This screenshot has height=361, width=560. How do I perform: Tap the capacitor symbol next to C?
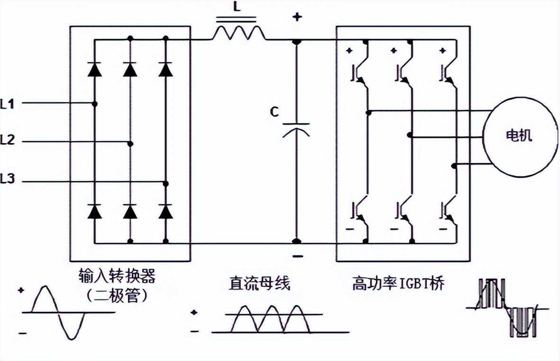coord(296,129)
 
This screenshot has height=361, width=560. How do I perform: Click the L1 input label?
coord(8,104)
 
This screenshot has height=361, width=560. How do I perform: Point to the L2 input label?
coord(8,140)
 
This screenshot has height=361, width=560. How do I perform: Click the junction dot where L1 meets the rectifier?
coord(95,104)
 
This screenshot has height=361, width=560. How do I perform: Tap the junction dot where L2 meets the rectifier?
coord(131,143)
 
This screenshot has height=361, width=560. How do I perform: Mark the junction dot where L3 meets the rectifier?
coord(166,183)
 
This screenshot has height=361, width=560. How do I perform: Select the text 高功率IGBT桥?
coord(398,284)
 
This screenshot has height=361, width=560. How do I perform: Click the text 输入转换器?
coord(117,277)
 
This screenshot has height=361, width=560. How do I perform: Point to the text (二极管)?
coord(117,296)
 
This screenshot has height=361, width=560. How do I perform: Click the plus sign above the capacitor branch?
coord(297,18)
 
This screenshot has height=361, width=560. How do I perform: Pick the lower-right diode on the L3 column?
coord(165,212)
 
